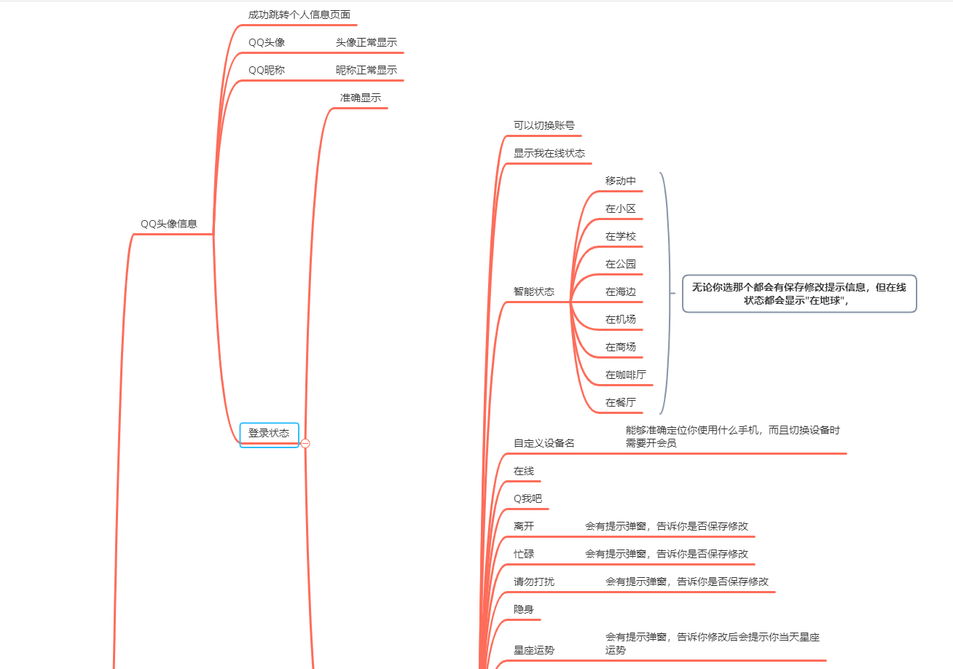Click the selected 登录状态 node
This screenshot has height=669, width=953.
pyautogui.click(x=269, y=434)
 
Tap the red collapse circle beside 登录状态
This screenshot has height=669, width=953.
pyautogui.click(x=305, y=443)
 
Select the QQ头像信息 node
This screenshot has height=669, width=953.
pyautogui.click(x=169, y=224)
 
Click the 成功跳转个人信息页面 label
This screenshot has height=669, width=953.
pyautogui.click(x=299, y=15)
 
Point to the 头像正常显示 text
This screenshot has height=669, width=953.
pyautogui.click(x=366, y=42)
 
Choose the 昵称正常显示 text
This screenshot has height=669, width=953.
pyautogui.click(x=366, y=70)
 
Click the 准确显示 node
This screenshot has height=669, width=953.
pyautogui.click(x=360, y=98)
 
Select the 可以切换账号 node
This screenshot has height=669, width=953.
pyautogui.click(x=544, y=125)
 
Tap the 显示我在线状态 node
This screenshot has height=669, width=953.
pyautogui.click(x=549, y=153)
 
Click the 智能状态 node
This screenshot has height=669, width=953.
pyautogui.click(x=533, y=292)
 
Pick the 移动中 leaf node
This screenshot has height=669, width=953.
pyautogui.click(x=620, y=181)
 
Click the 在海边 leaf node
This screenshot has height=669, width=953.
pyautogui.click(x=620, y=292)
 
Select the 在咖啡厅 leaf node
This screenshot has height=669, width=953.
pyautogui.click(x=625, y=375)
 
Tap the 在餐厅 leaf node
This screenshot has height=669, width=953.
pyautogui.click(x=620, y=402)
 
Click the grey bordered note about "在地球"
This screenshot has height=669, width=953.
pyautogui.click(x=799, y=294)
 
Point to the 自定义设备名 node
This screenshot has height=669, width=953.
pyautogui.click(x=544, y=443)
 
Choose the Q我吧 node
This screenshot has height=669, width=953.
pyautogui.click(x=528, y=498)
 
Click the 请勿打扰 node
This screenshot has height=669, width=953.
pyautogui.click(x=533, y=582)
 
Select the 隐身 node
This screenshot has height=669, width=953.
pyautogui.click(x=523, y=609)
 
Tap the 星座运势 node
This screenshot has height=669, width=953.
pyautogui.click(x=533, y=650)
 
